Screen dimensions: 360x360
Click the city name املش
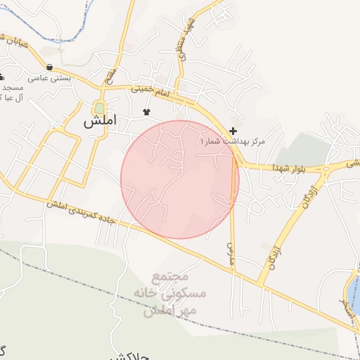click(x=99, y=121)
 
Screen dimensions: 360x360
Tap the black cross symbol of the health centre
click(x=233, y=131)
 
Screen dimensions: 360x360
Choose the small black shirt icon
click(x=146, y=112)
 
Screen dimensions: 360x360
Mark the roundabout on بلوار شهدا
click(x=326, y=168)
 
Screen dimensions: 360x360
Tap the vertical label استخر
click(x=345, y=304)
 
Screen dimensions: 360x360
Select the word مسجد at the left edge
click(x=12, y=87)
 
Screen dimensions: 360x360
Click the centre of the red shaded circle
click(x=180, y=179)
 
